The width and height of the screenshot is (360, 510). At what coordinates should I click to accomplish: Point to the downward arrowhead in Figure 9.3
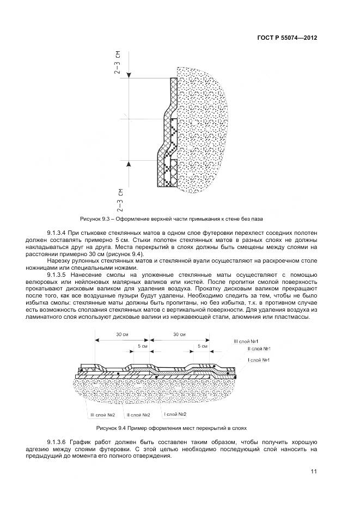tap(129, 75)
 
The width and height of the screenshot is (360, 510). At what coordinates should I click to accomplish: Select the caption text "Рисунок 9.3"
tap(96, 218)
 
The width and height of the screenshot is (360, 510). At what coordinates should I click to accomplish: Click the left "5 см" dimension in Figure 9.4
tap(143, 345)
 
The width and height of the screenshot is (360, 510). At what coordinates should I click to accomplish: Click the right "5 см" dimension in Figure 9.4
tap(203, 345)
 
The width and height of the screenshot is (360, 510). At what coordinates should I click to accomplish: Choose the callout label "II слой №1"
tap(259, 349)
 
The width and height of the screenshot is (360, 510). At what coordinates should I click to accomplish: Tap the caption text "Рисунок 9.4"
tap(112, 428)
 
